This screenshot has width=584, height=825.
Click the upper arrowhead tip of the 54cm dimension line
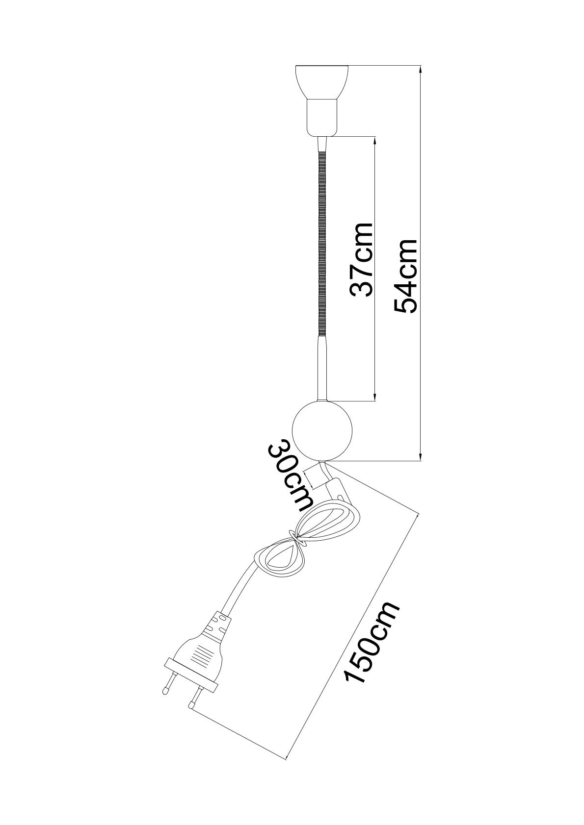point(421,66)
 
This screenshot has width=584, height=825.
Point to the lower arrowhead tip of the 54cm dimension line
point(421,461)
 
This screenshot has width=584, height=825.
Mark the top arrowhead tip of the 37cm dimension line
point(375,137)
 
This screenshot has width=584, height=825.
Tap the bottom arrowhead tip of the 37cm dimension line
point(375,400)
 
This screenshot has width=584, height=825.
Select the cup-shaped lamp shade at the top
point(321,82)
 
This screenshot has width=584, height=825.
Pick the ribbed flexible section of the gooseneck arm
point(321,243)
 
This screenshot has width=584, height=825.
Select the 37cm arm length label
point(361,259)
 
